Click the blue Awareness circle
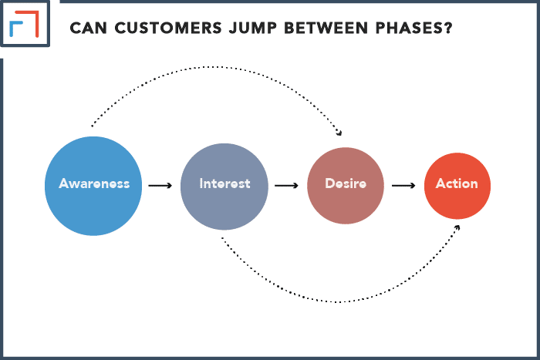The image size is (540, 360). click(x=93, y=186)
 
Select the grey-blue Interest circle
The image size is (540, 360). click(x=224, y=187)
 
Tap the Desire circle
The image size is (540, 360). click(x=346, y=186)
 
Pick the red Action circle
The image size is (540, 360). click(x=457, y=186)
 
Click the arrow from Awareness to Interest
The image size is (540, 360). click(x=160, y=186)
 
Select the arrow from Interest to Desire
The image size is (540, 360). click(x=286, y=186)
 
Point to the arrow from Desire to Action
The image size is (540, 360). click(x=403, y=186)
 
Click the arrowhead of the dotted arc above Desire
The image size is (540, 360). click(x=339, y=133)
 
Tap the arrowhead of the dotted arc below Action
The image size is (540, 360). click(x=457, y=227)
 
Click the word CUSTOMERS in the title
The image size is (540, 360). click(x=168, y=29)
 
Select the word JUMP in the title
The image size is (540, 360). click(x=253, y=29)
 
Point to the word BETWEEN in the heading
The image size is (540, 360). click(x=326, y=29)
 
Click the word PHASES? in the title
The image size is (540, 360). click(x=413, y=29)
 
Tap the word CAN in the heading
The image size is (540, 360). click(x=88, y=29)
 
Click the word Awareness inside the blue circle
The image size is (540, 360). click(x=94, y=183)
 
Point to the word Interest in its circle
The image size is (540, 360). click(x=224, y=183)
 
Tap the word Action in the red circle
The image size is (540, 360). click(x=457, y=183)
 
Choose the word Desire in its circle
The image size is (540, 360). click(x=346, y=183)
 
